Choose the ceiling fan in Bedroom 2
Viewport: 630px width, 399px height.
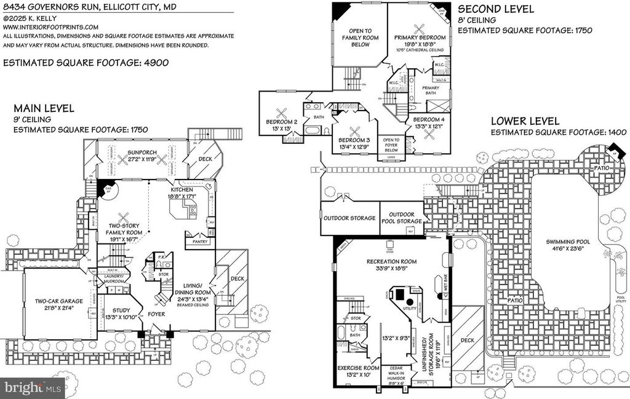(x=282, y=113)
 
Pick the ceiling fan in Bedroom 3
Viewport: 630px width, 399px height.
(x=355, y=131)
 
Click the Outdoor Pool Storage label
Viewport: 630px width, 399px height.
(x=402, y=218)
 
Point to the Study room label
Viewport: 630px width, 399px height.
(x=117, y=314)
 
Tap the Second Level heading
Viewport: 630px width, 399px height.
(x=496, y=10)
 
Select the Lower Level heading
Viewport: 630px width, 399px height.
(x=525, y=121)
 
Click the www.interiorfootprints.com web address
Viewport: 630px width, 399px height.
(x=50, y=28)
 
